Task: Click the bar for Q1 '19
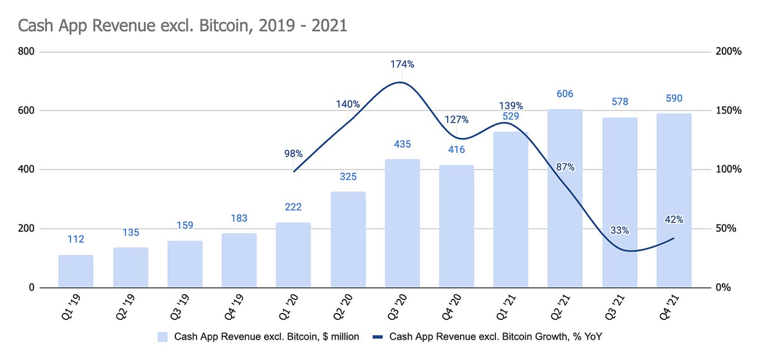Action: (x=76, y=271)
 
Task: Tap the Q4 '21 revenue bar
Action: (x=674, y=200)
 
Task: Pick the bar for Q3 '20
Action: (x=402, y=224)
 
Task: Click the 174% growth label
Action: (x=402, y=64)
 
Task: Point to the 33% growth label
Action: (x=619, y=231)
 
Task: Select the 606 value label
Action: (x=565, y=94)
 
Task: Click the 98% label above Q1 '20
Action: (x=294, y=154)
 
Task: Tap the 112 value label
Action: (x=76, y=239)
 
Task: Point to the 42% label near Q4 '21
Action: (x=674, y=220)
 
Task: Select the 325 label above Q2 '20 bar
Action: (x=348, y=176)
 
